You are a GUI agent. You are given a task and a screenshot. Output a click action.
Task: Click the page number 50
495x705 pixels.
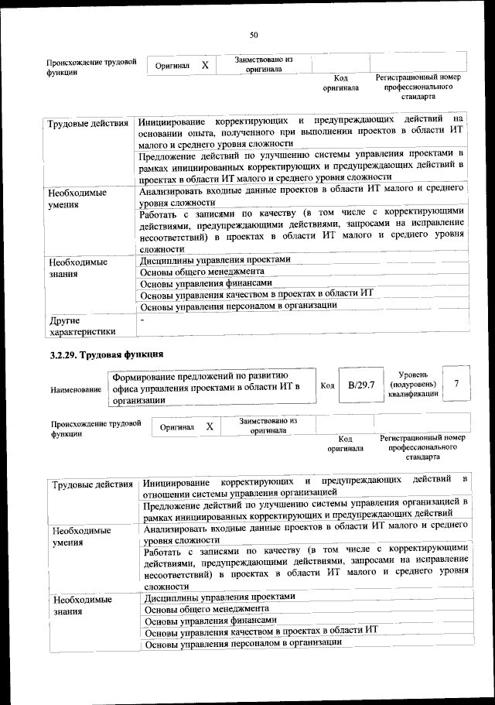pos(253,34)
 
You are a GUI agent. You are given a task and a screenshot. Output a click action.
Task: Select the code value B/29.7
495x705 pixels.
pos(361,384)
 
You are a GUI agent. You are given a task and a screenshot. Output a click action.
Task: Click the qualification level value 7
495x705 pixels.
pos(458,384)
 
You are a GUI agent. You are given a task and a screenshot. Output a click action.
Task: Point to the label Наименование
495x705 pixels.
pos(76,389)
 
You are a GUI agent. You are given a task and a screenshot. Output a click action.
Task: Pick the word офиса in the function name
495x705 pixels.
pos(125,387)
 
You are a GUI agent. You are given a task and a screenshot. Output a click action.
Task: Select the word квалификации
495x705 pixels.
pos(415,394)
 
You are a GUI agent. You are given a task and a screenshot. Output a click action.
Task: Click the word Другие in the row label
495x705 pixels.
pos(63,319)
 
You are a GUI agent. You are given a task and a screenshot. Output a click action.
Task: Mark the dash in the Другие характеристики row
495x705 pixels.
pos(142,319)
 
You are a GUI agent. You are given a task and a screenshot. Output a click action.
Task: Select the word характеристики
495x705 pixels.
pos(82,332)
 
